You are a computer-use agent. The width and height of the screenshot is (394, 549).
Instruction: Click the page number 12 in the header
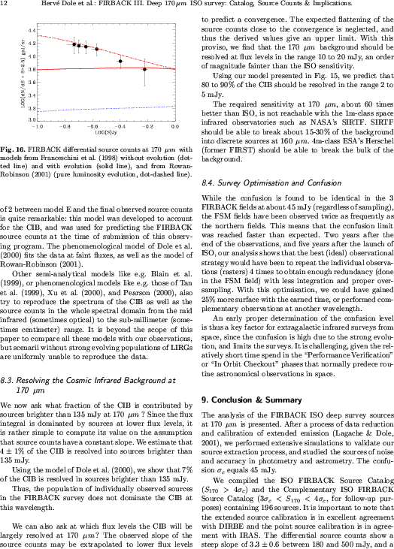point(6,5)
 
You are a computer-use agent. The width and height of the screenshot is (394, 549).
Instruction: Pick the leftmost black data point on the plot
point(74,44)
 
